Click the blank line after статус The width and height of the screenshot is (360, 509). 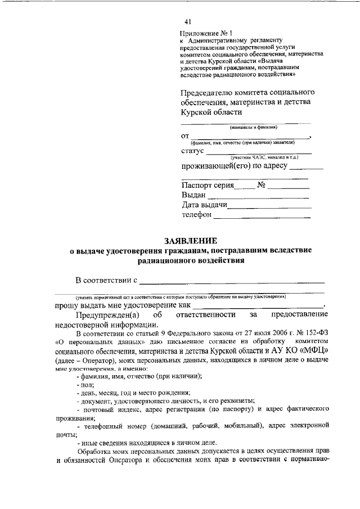click(x=259, y=153)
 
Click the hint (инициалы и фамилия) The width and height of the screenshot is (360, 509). click(x=246, y=128)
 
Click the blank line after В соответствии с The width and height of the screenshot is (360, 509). click(x=232, y=281)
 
